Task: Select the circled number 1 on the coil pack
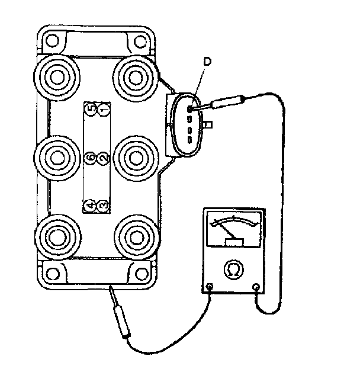(x=103, y=110)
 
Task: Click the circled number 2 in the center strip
(x=102, y=158)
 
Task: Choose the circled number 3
(x=102, y=205)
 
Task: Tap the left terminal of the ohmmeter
(x=211, y=288)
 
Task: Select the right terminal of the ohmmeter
(x=256, y=288)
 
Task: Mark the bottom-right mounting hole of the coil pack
(x=140, y=274)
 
